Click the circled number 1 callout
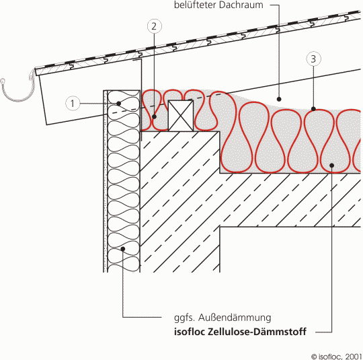[x=73, y=104]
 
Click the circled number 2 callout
[x=155, y=26]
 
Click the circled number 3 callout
[x=314, y=59]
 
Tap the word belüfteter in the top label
[x=195, y=5]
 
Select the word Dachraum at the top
[x=241, y=5]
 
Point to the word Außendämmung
[x=235, y=318]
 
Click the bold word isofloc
[x=190, y=332]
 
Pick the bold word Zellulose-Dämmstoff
[x=257, y=332]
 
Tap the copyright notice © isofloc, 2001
[x=337, y=356]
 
